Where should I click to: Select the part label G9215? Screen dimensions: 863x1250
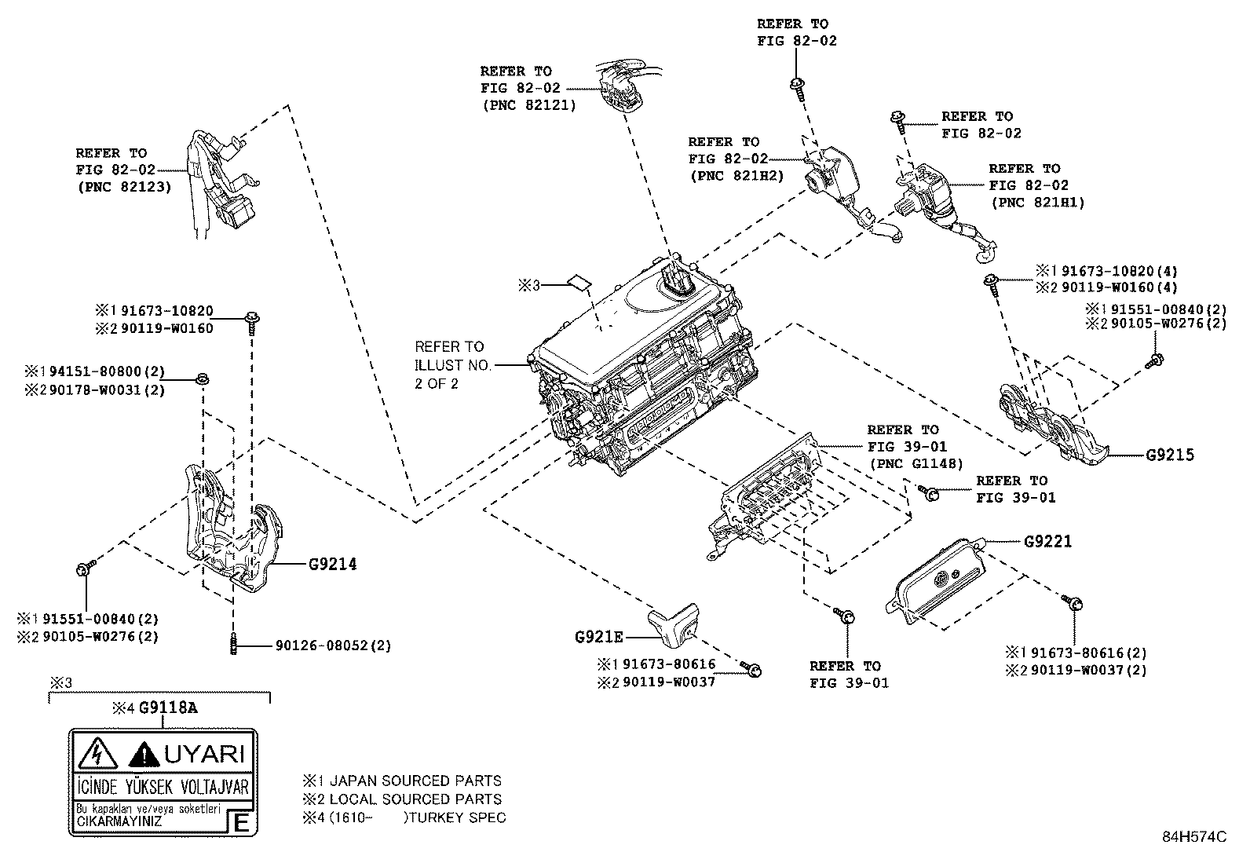coord(1169,455)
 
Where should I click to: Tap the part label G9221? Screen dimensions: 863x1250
coord(1047,542)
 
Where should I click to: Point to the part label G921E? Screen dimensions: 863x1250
coord(598,636)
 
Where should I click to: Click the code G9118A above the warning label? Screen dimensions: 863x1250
coord(168,708)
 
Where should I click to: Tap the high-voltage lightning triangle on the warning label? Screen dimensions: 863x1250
coord(97,755)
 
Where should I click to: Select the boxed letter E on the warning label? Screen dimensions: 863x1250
coord(242,824)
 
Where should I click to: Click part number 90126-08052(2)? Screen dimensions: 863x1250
coord(333,645)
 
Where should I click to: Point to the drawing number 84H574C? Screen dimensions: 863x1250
coord(1193,836)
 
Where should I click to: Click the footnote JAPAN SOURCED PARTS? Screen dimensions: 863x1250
coord(415,781)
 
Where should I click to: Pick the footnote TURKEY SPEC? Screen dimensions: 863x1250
coord(459,817)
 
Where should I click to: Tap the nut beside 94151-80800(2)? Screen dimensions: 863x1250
coord(201,380)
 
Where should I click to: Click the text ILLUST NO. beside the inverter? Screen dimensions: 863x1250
coord(453,365)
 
